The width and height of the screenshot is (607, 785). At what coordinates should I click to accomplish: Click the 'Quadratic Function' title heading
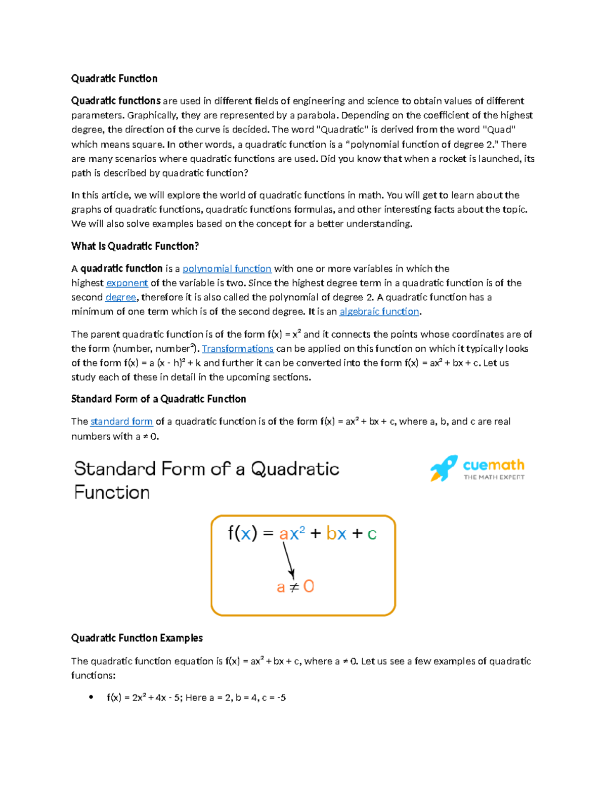click(114, 78)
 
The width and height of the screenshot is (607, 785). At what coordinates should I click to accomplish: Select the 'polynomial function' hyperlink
click(227, 269)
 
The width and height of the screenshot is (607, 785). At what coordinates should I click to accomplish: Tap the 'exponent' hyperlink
click(127, 283)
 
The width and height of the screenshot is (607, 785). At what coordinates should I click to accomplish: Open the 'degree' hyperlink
click(121, 297)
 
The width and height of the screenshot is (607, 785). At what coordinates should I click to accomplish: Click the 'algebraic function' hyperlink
click(379, 312)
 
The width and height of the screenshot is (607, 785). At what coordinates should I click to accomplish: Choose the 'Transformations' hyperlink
click(238, 349)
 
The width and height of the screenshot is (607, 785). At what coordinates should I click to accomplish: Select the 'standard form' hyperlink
click(121, 422)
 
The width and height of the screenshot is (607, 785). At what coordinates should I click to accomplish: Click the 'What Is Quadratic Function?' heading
click(135, 246)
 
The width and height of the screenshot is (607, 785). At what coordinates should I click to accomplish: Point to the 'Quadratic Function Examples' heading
click(137, 638)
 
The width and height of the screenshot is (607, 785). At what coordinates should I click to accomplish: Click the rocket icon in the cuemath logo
click(443, 468)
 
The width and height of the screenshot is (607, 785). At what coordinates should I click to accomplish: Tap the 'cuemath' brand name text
click(493, 465)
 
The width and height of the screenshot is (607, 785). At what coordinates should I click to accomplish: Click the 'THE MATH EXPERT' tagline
click(494, 477)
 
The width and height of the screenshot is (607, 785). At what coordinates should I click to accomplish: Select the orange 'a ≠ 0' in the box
click(295, 587)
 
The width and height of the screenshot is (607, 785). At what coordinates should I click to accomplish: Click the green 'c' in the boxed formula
click(372, 534)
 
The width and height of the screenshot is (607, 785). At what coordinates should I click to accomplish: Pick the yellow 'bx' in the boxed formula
click(336, 534)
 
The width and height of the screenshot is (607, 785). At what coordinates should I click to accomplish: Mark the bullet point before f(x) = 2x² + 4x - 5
click(91, 698)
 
